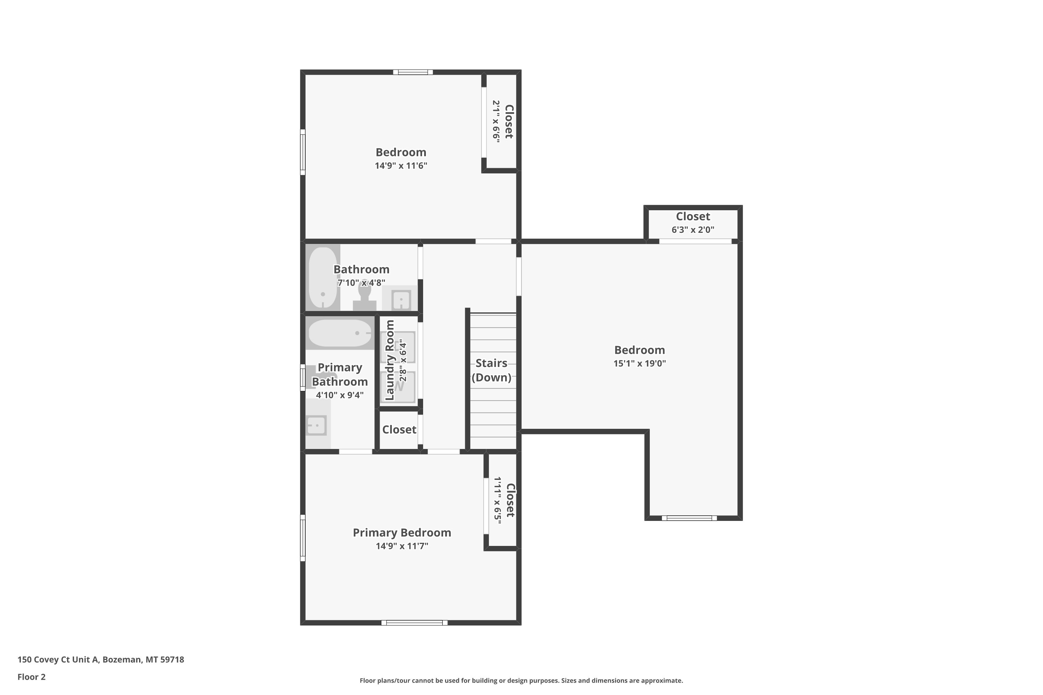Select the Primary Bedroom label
402,532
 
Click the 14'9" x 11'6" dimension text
401,166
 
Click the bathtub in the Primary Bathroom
340,333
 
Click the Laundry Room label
390,360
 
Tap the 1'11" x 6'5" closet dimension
498,500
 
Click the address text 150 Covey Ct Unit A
58,660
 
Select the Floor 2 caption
32,677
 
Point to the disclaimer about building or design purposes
521,680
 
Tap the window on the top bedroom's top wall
413,72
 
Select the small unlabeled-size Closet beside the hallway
399,430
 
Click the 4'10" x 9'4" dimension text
340,395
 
